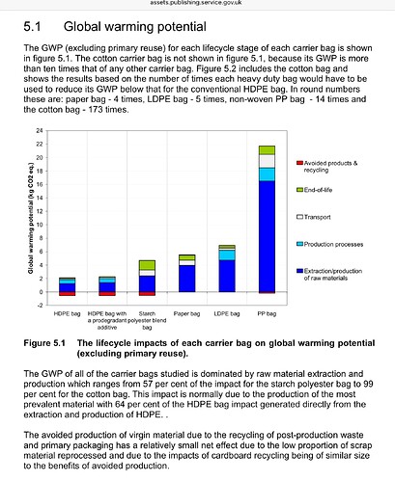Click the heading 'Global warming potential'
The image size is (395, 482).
point(135,27)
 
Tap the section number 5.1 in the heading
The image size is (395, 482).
point(32,27)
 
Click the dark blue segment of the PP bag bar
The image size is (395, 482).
point(267,236)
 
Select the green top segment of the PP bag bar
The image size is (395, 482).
point(267,150)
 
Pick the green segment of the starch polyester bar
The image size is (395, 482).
point(147,265)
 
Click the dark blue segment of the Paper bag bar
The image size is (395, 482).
point(187,279)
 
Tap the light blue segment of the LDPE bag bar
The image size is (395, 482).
point(227,255)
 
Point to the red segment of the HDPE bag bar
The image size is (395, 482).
point(67,294)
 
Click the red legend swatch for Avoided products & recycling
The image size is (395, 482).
point(299,163)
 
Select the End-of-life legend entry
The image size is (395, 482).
point(314,190)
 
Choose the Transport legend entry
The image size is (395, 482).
point(314,217)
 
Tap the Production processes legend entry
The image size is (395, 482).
point(329,244)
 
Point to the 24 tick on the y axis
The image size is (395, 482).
point(40,130)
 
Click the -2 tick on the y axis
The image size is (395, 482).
point(40,306)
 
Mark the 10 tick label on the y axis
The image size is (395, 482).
point(40,225)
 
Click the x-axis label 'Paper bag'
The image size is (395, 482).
point(186,313)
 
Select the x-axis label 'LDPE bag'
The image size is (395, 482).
point(227,313)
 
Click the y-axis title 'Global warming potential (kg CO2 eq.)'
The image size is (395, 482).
point(31,218)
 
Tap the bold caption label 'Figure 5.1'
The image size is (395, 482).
point(44,343)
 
